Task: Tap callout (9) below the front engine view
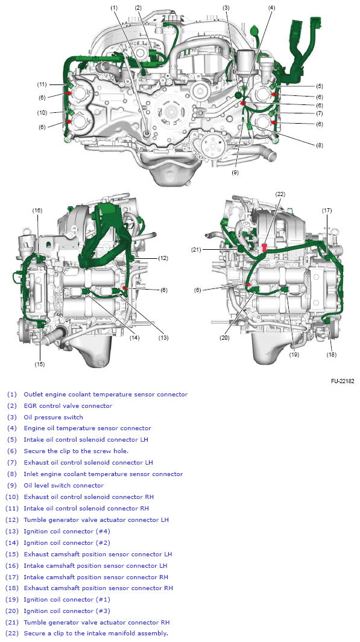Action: click(235, 172)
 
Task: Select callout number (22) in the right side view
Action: click(280, 194)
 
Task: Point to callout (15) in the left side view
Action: click(39, 364)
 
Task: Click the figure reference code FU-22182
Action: click(343, 381)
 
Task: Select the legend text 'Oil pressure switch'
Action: click(54, 417)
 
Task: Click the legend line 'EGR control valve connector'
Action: click(68, 405)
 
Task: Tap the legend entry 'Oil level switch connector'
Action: click(63, 485)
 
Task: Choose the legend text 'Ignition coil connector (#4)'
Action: click(66, 531)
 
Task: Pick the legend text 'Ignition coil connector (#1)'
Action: click(66, 600)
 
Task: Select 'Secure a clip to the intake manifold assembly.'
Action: click(95, 634)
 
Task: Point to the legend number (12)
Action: click(13, 520)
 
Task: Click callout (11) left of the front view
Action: click(42, 84)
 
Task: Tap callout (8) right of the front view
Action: click(320, 145)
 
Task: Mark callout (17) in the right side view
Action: click(327, 211)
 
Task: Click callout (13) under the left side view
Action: click(163, 338)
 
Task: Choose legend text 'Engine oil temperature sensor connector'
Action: click(87, 428)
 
